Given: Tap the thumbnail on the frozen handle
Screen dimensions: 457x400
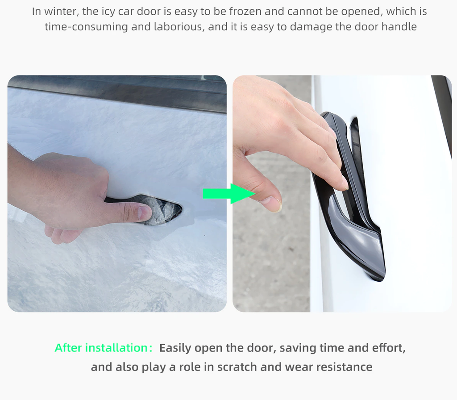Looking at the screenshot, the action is click(x=145, y=212).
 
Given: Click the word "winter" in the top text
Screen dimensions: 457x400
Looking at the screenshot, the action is click(x=62, y=11).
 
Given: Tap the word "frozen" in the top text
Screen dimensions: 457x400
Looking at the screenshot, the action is click(x=245, y=11).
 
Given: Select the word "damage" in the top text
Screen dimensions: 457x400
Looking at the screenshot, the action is click(x=311, y=27).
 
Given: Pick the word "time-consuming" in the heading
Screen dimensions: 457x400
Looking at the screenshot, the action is click(x=86, y=27).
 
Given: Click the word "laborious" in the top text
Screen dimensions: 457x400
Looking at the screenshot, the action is click(x=179, y=27).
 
